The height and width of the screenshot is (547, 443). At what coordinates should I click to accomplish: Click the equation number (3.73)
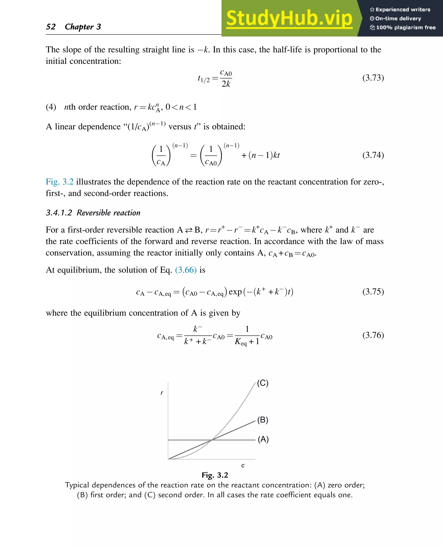point(373,78)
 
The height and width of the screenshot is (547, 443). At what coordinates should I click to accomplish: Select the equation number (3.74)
point(373,155)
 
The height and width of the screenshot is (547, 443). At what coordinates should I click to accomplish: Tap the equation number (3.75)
point(373,291)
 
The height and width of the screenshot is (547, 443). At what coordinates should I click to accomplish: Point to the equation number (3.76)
point(373,335)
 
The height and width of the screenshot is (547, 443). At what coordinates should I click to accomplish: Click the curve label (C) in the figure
point(263,383)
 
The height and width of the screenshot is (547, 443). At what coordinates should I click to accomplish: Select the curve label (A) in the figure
point(263,439)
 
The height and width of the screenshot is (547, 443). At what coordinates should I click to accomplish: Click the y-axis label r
point(162,393)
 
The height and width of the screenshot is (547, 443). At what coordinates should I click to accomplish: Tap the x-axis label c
point(243,466)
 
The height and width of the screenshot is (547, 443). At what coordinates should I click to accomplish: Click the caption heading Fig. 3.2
point(215,475)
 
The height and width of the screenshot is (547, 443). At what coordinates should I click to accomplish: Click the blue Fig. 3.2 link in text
point(59,182)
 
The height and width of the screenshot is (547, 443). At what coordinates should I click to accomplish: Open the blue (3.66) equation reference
point(186,270)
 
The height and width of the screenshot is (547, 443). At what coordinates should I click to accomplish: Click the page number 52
point(51,27)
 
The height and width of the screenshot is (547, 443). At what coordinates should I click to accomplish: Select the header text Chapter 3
point(83,27)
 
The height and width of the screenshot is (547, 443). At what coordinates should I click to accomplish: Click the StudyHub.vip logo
point(289,18)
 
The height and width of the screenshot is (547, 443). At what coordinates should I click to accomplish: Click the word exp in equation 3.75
point(235,292)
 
